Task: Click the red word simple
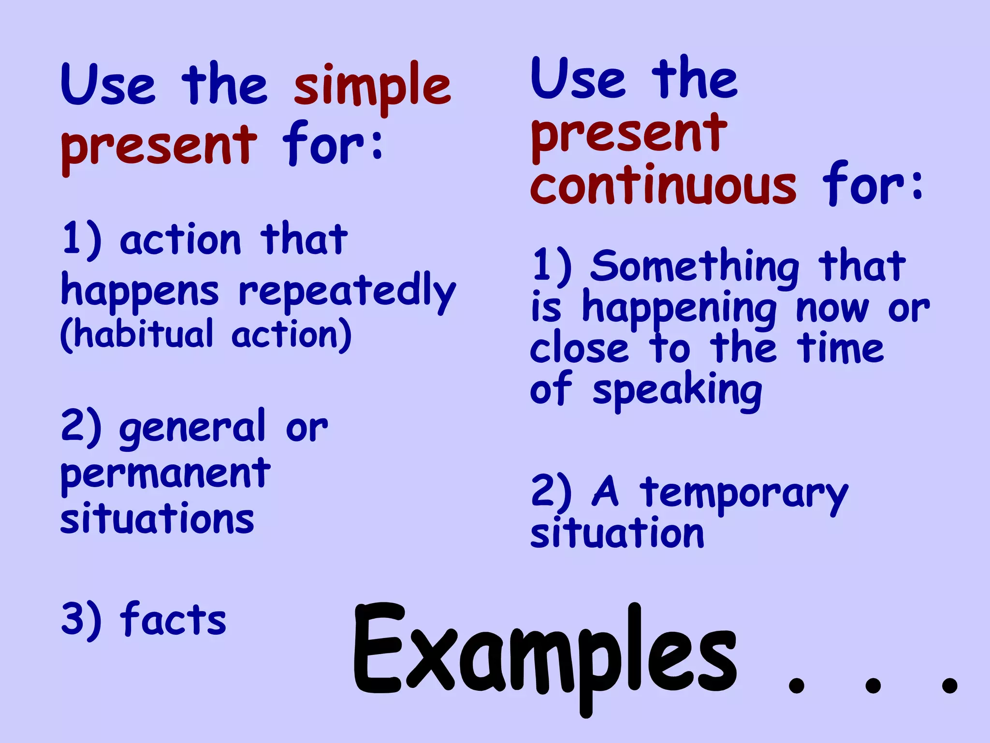[x=372, y=87]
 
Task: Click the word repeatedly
[x=347, y=292]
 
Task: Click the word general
[x=192, y=429]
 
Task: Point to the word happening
[x=679, y=310]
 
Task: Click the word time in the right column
[x=841, y=348]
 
